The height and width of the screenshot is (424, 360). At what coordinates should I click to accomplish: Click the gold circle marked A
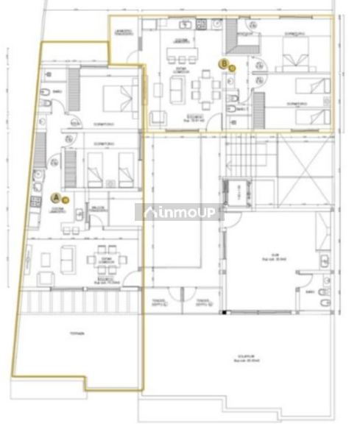pos(56,197)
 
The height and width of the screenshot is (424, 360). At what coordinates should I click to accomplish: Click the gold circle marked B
pos(225,64)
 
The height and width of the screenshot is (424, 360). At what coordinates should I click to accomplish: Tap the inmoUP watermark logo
pos(176,212)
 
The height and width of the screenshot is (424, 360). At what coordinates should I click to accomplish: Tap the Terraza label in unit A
pos(77,333)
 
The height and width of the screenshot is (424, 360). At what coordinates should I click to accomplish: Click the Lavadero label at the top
pos(124,33)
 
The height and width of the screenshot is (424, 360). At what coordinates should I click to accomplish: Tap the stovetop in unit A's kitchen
pos(34,199)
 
